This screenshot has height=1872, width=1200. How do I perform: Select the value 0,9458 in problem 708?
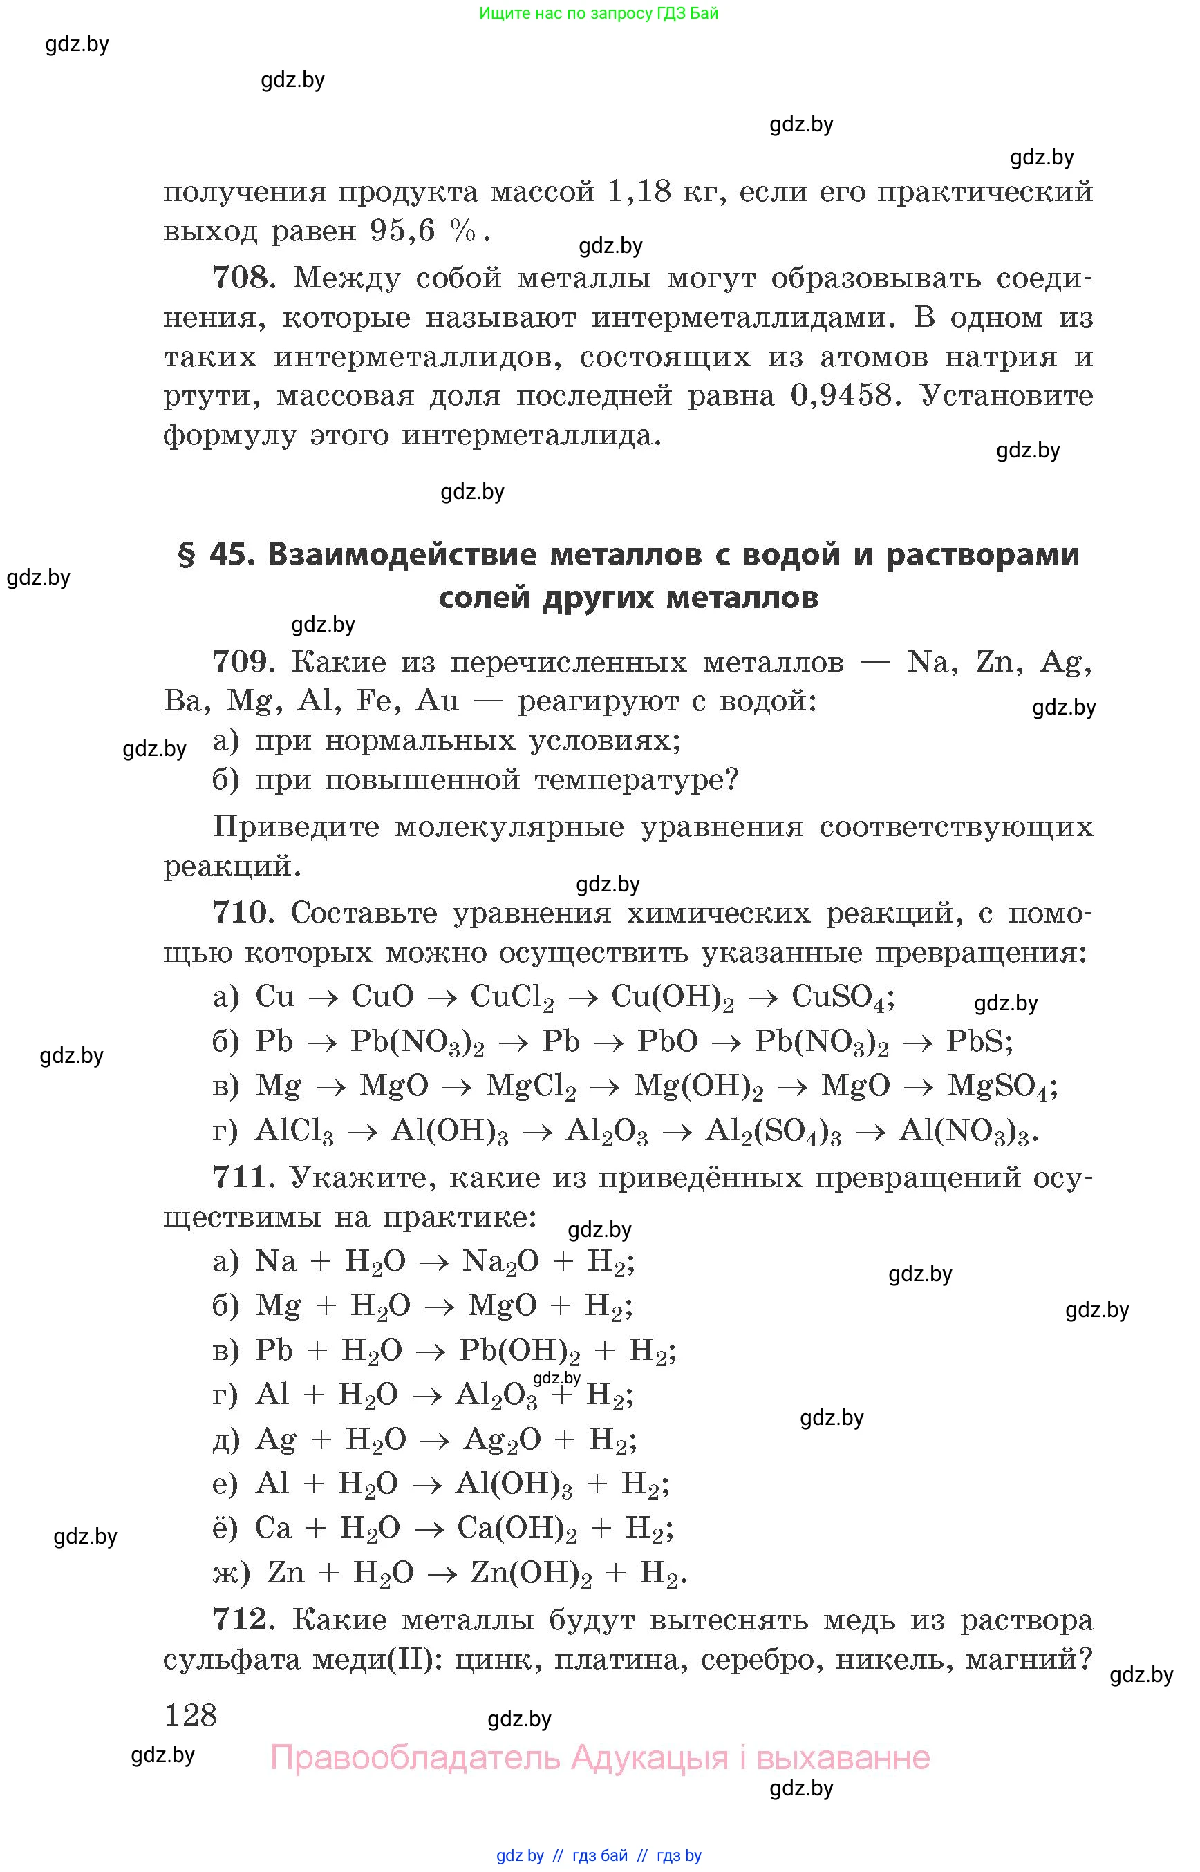841,396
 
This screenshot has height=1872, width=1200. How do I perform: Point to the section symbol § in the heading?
186,555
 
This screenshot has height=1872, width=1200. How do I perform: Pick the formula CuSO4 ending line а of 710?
839,997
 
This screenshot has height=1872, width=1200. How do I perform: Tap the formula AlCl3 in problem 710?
294,1131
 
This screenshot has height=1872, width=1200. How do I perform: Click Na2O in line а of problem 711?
500,1261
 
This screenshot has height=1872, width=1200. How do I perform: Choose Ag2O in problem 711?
502,1439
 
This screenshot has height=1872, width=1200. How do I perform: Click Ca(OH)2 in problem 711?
516,1528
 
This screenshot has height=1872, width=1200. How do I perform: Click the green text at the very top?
599,13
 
